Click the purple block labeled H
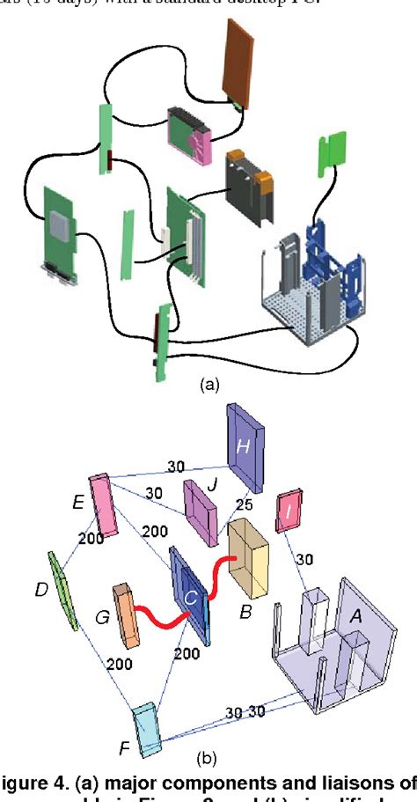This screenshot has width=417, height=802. tap(245, 448)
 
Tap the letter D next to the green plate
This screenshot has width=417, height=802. tap(41, 588)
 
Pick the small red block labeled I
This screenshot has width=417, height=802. tap(289, 511)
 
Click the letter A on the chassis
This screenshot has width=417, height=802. tap(357, 618)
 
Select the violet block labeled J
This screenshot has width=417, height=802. tap(199, 512)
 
